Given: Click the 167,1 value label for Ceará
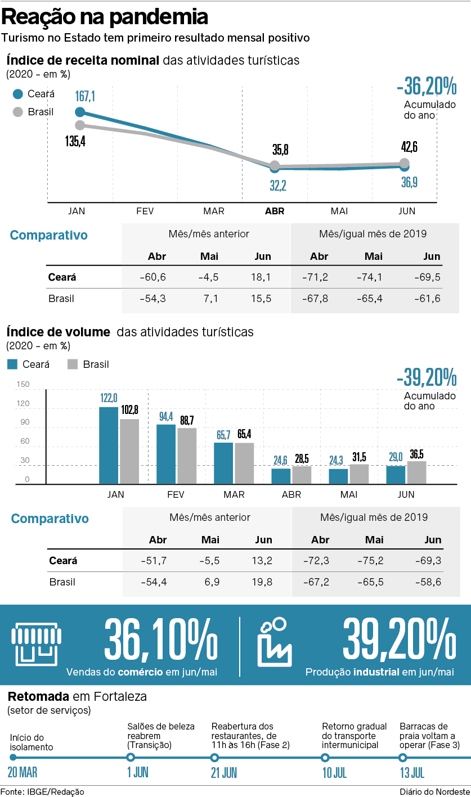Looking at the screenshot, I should pyautogui.click(x=85, y=97).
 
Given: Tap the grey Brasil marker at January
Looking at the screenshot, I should pyautogui.click(x=80, y=125).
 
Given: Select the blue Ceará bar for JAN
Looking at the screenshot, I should pyautogui.click(x=109, y=445).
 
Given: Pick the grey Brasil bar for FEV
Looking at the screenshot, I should pyautogui.click(x=187, y=456).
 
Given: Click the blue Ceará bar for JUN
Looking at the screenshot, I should pyautogui.click(x=396, y=475).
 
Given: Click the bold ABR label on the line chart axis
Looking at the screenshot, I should pyautogui.click(x=275, y=211).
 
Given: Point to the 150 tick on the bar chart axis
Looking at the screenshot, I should pyautogui.click(x=23, y=385).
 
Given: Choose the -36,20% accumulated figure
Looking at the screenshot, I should pyautogui.click(x=426, y=87).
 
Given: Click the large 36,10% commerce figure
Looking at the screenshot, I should pyautogui.click(x=160, y=641).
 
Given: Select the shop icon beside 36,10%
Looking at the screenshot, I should pyautogui.click(x=35, y=642).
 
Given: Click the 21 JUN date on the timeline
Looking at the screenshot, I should pyautogui.click(x=224, y=772).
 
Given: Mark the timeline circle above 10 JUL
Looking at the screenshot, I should pyautogui.click(x=325, y=758).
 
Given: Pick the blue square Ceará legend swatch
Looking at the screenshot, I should pyautogui.click(x=12, y=364).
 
